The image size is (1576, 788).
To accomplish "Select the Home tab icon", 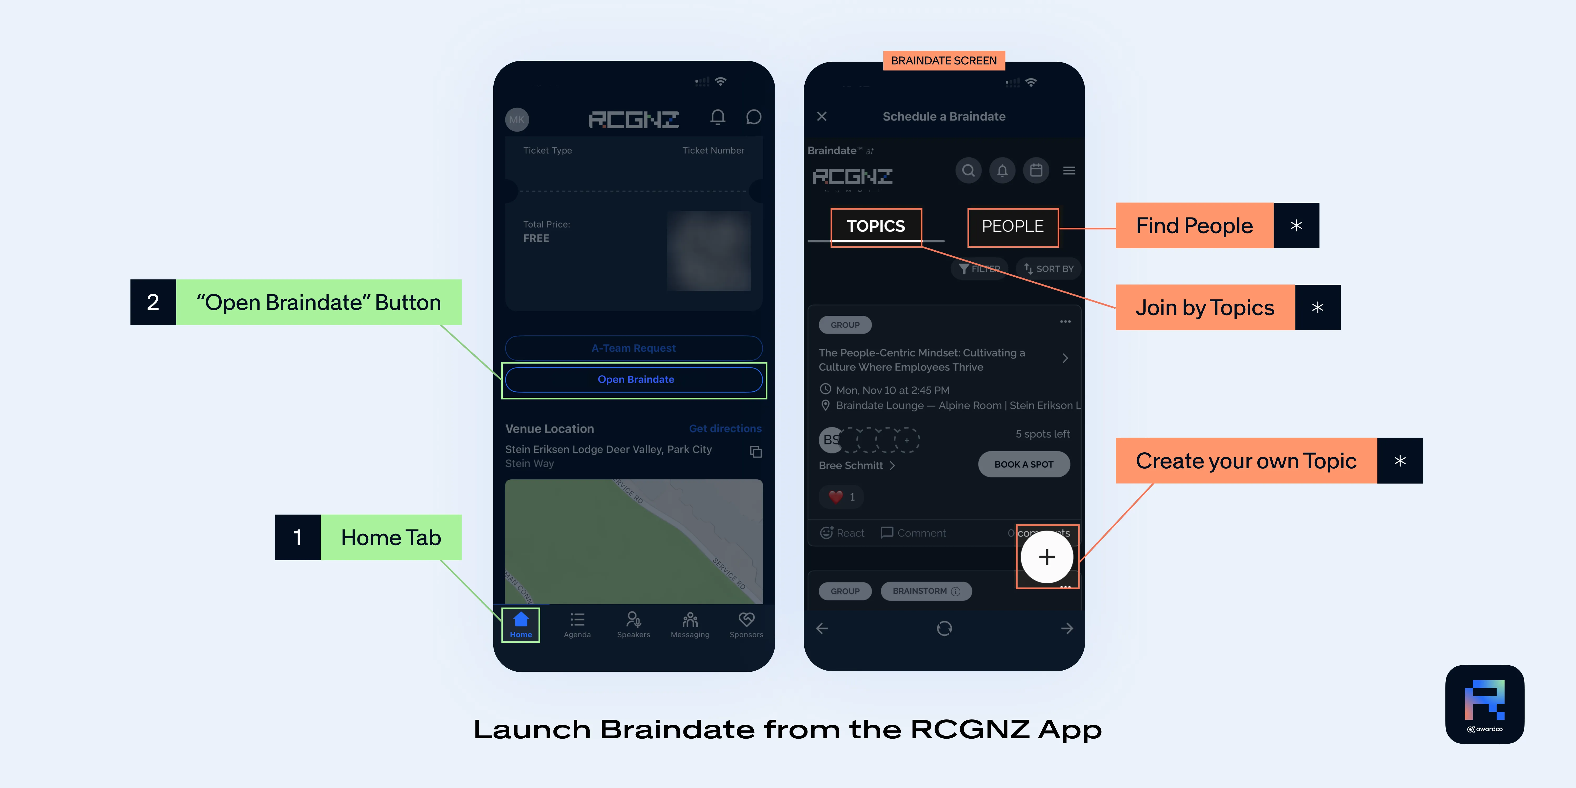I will (x=521, y=620).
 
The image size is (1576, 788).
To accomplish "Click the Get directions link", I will (x=725, y=428).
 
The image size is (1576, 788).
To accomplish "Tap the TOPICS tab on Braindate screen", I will (x=875, y=226).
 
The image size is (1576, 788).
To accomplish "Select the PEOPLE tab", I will (x=1013, y=226).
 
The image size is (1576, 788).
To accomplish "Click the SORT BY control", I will (x=1049, y=269).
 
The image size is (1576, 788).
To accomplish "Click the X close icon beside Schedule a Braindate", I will (x=822, y=116).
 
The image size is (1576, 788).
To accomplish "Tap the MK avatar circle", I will (x=517, y=119).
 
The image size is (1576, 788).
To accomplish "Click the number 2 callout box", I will (x=153, y=302).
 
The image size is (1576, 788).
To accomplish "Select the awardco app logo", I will (x=1484, y=704).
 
